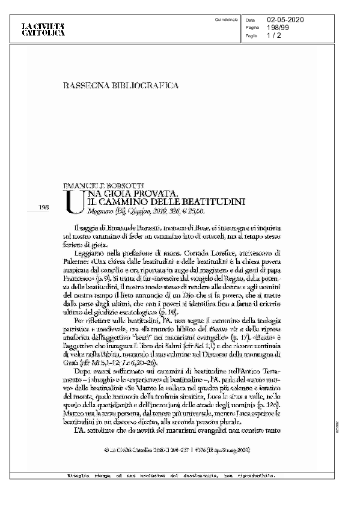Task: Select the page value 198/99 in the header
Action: tap(277, 28)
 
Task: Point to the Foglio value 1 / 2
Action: tap(273, 35)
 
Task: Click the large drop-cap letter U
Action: tap(72, 201)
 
